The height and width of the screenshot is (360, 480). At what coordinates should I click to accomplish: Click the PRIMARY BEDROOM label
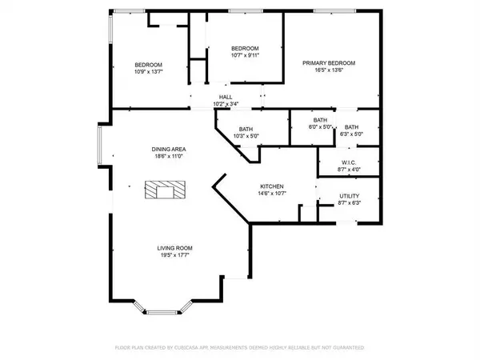(328, 63)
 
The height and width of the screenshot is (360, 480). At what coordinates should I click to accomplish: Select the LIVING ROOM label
(171, 249)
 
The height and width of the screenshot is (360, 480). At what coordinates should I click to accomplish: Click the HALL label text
(226, 98)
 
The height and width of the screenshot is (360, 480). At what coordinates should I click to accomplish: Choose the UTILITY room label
(349, 196)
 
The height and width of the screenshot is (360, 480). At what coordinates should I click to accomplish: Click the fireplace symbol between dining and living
(164, 190)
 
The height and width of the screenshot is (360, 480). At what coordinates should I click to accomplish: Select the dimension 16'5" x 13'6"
(328, 70)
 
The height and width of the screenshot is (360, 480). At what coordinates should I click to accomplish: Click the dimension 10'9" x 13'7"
(148, 72)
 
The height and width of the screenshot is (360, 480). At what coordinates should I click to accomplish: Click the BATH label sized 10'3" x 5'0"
(247, 129)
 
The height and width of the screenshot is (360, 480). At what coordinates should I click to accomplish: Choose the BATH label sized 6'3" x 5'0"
(351, 127)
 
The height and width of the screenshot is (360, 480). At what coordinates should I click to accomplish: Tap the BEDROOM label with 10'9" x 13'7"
(148, 65)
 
